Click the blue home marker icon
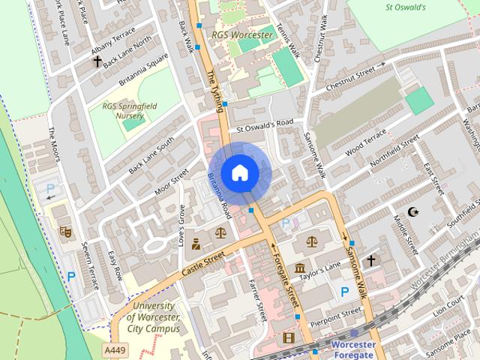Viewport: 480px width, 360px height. click(240, 173)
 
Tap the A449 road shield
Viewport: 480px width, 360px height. click(115, 350)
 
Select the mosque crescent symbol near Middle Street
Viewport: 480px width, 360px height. click(413, 212)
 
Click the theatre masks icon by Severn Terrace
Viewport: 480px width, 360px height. click(65, 232)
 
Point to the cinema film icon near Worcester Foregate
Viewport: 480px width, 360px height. click(289, 338)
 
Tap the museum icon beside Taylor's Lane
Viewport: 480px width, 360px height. click(300, 268)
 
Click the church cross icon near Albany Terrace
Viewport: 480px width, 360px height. click(97, 61)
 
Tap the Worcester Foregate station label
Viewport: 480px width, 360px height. click(352, 349)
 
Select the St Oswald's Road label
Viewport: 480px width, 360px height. click(265, 126)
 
